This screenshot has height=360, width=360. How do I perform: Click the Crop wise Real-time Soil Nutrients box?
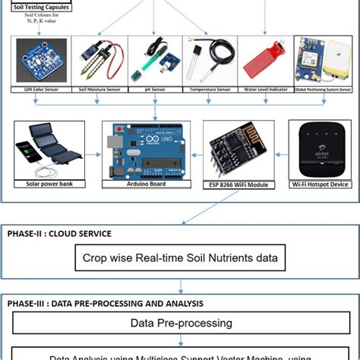180,258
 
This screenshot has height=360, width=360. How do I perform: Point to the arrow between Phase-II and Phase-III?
181,287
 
